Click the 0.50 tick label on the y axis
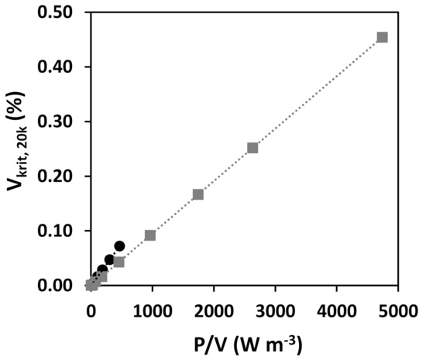60,13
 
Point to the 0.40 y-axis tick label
60,67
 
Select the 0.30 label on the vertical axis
60,122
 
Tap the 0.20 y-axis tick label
60,177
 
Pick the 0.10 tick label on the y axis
60,231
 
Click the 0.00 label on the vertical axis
60,286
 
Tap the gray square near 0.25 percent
253,148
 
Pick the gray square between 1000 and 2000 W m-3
198,194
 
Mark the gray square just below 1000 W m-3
150,235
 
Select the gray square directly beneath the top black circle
119,262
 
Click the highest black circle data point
119,246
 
